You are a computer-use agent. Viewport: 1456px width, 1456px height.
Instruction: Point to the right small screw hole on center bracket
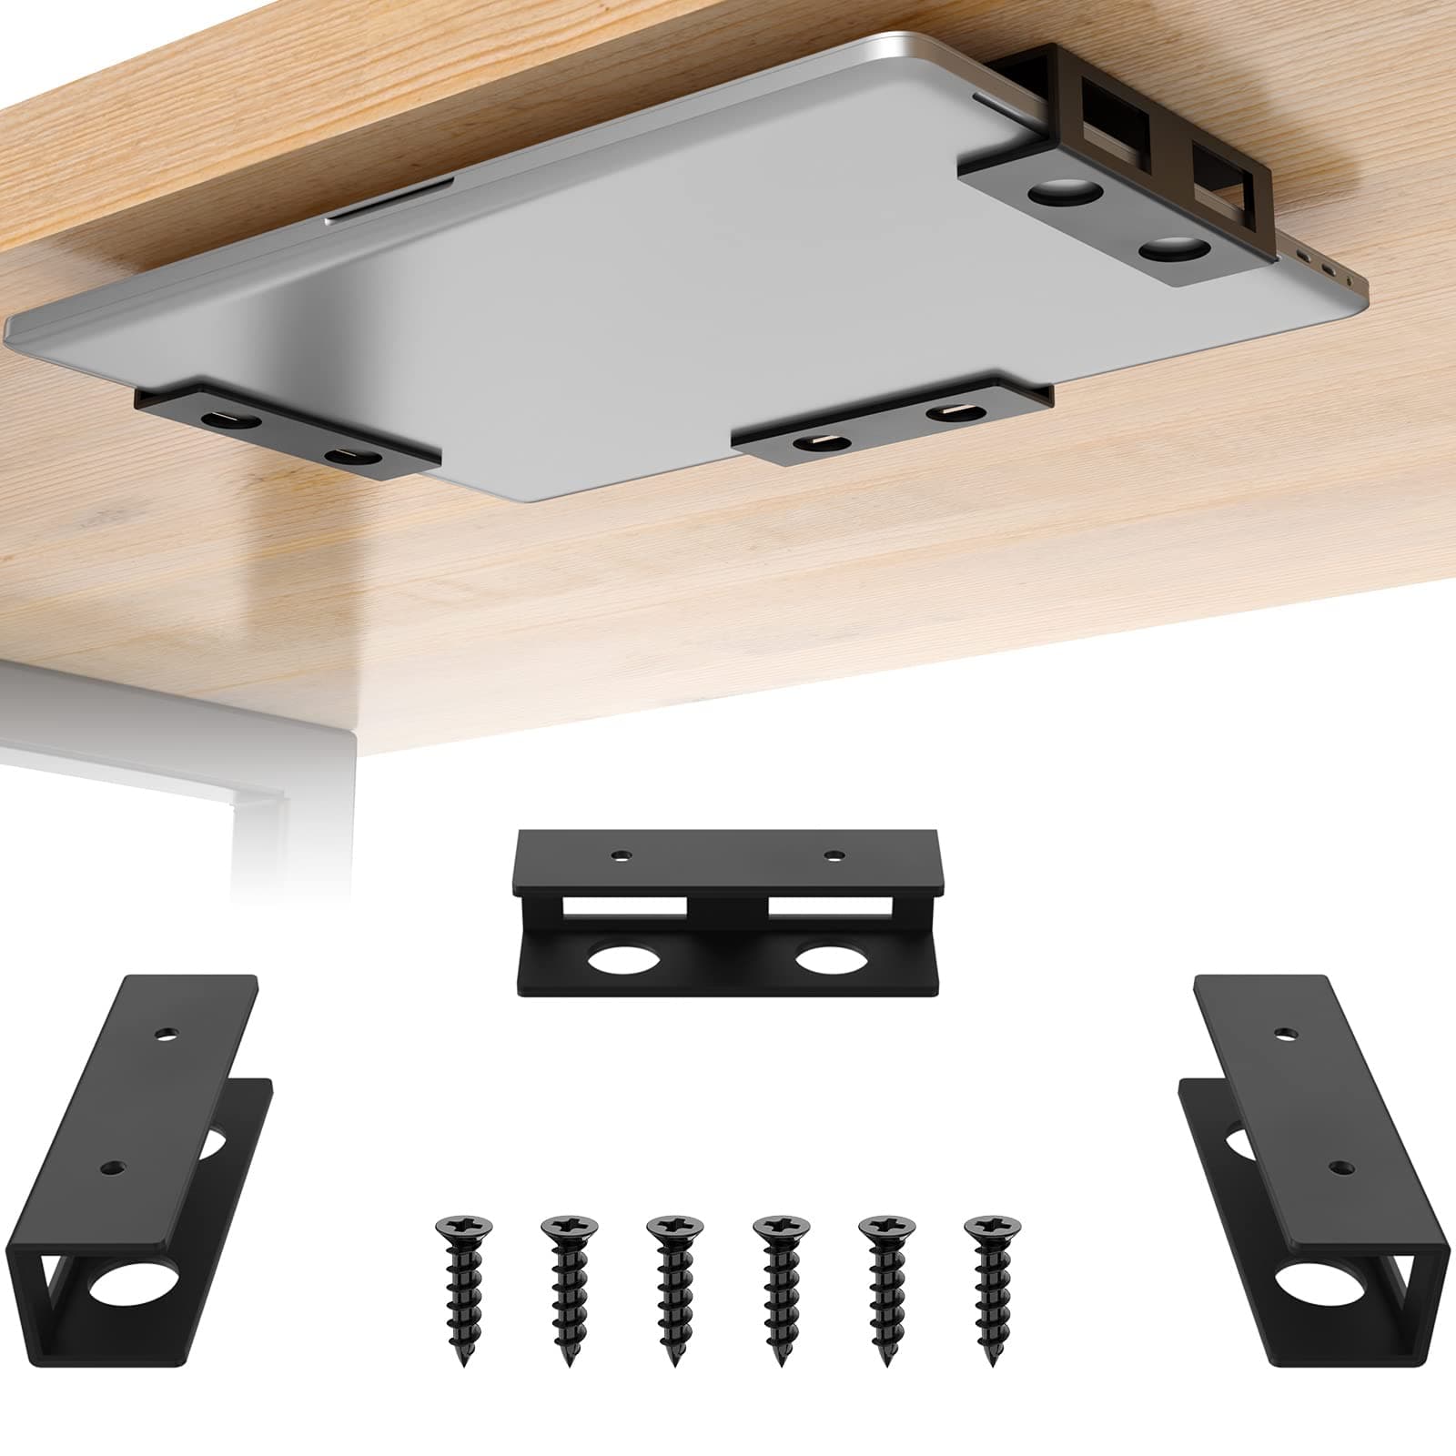point(833,854)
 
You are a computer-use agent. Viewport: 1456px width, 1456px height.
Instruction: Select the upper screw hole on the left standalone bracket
point(166,1034)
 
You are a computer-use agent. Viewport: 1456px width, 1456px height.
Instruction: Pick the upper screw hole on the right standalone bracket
point(1284,1034)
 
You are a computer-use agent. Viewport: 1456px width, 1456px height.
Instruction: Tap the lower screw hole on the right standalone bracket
point(1337,1166)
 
